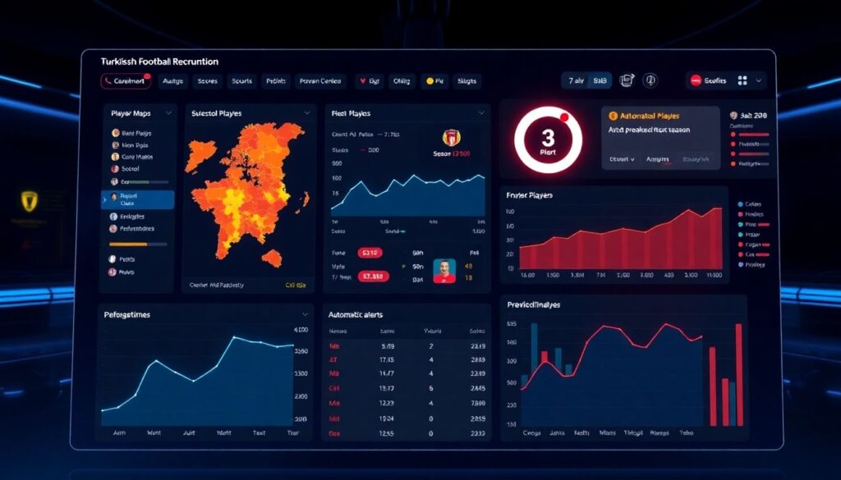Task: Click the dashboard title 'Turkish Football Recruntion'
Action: [x=159, y=62]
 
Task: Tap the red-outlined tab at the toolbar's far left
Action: [x=125, y=81]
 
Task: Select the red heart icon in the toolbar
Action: [x=361, y=81]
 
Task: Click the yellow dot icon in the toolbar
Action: [x=428, y=81]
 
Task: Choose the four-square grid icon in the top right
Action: [x=742, y=80]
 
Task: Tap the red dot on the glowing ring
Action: [x=564, y=115]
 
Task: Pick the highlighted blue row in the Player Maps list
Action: [x=138, y=199]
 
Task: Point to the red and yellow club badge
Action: [x=450, y=137]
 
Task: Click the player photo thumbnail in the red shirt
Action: [x=443, y=271]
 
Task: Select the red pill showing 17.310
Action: [x=374, y=277]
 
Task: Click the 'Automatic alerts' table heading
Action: [x=355, y=314]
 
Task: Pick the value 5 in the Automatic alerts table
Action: [x=431, y=387]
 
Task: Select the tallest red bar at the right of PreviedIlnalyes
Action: [x=738, y=373]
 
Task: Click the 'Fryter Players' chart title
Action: [x=530, y=195]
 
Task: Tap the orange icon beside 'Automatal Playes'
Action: [x=613, y=116]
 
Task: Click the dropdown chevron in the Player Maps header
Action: [x=168, y=112]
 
